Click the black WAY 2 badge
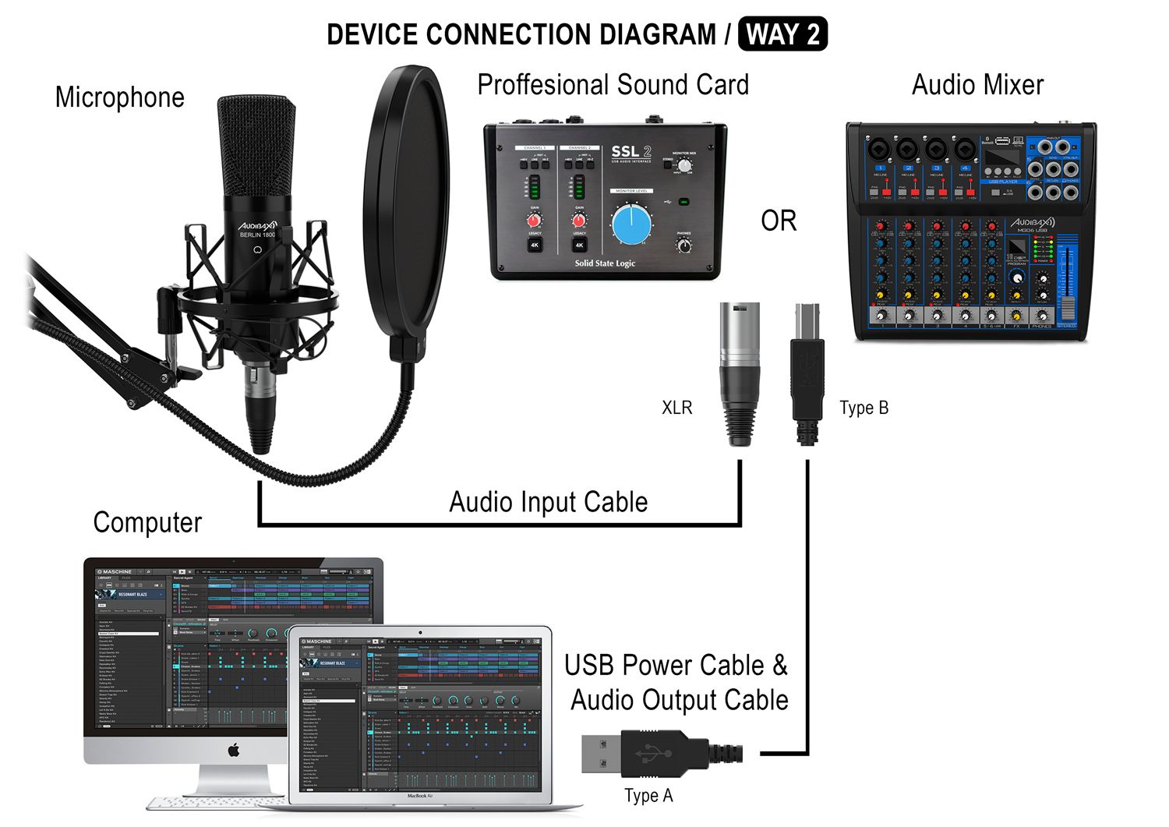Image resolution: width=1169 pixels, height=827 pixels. click(782, 35)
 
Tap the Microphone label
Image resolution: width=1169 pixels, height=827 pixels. click(120, 97)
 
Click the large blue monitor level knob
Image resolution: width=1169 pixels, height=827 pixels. click(631, 224)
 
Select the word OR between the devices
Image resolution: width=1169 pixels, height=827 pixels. click(779, 221)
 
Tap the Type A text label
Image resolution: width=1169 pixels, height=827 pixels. click(648, 796)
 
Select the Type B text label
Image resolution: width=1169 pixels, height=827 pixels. click(864, 408)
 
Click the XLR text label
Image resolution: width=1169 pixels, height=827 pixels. click(676, 408)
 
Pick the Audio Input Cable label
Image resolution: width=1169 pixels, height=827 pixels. click(548, 502)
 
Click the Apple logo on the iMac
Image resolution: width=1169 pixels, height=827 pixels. click(233, 751)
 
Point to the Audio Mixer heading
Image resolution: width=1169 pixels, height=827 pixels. click(977, 85)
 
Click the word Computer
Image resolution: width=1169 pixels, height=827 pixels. click(147, 522)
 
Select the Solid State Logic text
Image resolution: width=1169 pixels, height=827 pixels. click(605, 263)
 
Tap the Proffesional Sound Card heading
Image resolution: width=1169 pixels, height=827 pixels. click(613, 85)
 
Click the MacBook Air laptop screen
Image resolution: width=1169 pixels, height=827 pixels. click(420, 713)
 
